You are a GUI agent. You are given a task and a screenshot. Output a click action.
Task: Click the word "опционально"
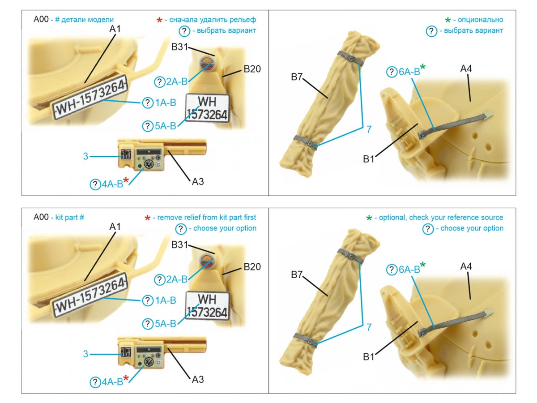(480, 20)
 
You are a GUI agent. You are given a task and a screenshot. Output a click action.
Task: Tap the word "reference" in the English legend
(454, 217)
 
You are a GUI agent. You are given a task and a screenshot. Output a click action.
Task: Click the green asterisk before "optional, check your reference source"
(369, 218)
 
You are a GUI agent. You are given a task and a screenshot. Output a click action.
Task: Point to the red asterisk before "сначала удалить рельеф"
(159, 20)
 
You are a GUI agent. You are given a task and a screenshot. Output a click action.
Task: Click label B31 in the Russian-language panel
(179, 47)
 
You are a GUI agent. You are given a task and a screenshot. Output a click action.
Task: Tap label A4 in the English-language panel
(466, 266)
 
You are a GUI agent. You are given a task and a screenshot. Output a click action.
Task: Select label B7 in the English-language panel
(297, 274)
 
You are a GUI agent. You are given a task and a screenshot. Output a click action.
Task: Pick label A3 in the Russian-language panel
(198, 181)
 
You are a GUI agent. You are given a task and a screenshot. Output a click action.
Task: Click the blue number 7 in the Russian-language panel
(369, 129)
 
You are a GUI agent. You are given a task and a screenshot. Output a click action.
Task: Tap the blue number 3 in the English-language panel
(85, 354)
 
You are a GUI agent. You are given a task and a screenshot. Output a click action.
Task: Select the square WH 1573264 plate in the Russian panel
(208, 108)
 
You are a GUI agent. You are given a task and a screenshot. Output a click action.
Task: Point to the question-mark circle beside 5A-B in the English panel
(148, 324)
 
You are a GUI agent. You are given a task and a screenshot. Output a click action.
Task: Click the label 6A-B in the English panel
(409, 270)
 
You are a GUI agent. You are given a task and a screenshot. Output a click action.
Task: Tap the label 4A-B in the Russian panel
(112, 184)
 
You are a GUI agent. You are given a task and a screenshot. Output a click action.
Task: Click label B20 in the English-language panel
(252, 267)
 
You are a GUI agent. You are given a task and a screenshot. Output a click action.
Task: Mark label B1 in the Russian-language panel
(368, 159)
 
